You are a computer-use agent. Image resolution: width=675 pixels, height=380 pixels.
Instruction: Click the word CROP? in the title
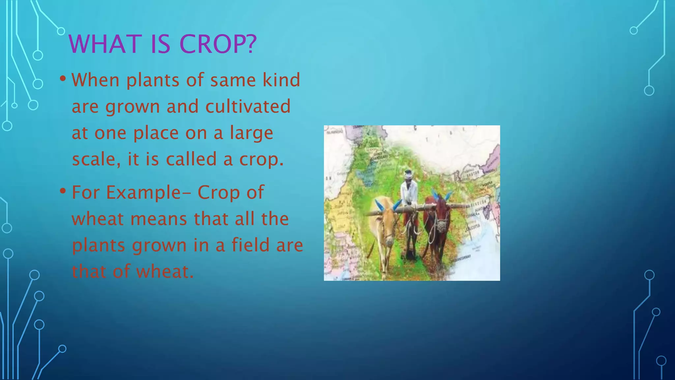[x=218, y=44]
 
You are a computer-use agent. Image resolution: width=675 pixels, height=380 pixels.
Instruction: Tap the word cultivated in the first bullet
[x=248, y=107]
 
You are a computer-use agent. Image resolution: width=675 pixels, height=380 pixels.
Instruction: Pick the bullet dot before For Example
[x=63, y=191]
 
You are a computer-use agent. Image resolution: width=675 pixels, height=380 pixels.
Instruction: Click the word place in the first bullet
[x=156, y=133]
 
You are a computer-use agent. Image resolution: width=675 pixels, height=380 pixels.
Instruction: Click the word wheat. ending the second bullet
[x=165, y=272]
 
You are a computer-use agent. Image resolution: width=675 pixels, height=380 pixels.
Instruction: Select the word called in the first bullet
[x=191, y=159]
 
